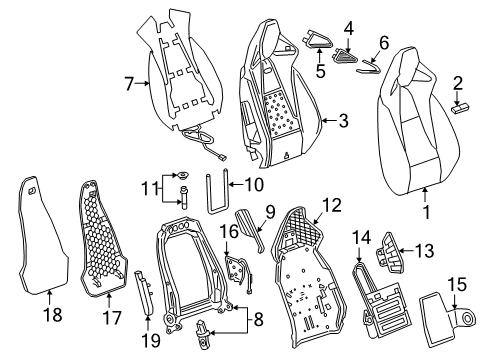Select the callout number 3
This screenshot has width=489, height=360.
(342, 122)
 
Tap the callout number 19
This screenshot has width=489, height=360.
(149, 322)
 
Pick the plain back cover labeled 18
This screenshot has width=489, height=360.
(42, 240)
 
